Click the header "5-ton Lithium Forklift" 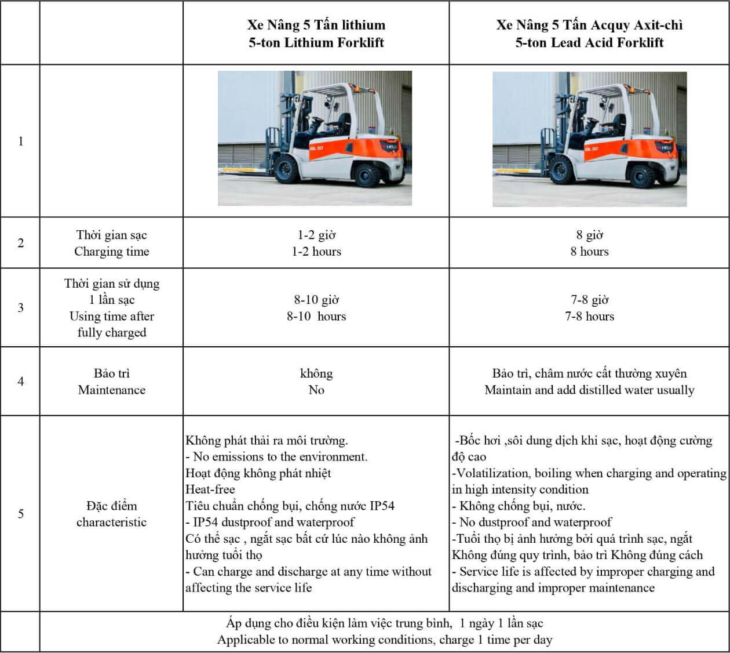316,42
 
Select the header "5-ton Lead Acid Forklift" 589,42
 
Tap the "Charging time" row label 111,251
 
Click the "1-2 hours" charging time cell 316,251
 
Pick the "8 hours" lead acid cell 589,251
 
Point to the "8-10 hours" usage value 316,316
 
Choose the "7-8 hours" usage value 589,316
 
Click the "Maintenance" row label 111,390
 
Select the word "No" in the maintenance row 316,390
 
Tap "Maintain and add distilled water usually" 589,390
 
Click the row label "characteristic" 111,522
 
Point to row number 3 21,307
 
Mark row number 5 21,514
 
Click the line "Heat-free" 210,489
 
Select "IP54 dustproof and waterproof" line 272,522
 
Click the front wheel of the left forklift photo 287,170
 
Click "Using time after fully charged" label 111,324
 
